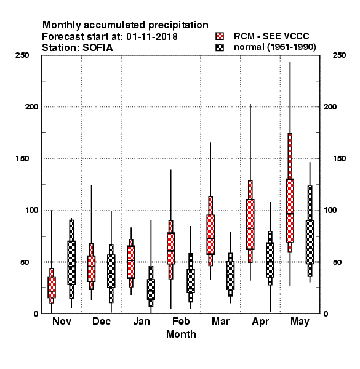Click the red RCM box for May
click(290, 210)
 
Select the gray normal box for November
click(71, 263)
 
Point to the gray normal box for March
click(230, 276)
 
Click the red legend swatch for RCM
click(220, 36)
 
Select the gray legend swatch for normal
click(220, 47)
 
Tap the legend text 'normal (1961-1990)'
click(274, 47)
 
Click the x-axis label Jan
click(142, 321)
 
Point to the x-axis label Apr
click(260, 322)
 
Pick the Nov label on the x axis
click(62, 321)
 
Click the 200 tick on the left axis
click(31, 107)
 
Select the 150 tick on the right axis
click(339, 159)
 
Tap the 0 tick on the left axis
click(36, 314)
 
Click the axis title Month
click(181, 334)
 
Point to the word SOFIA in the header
click(97, 48)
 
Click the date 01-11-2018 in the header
click(152, 37)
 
